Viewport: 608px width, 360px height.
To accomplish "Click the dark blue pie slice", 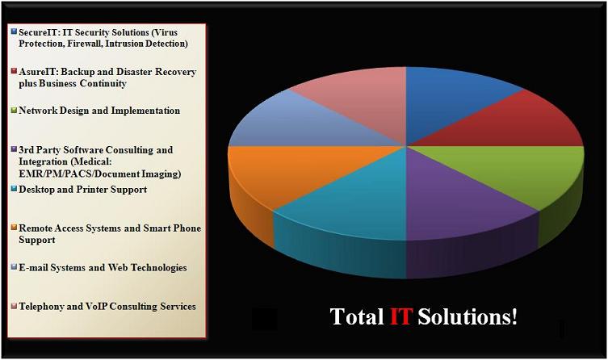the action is point(450,101).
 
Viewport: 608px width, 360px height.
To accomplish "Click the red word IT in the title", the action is point(400,316).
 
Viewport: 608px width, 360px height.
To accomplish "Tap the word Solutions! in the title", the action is point(468,316).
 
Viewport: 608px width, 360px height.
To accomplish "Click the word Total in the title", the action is point(357,316).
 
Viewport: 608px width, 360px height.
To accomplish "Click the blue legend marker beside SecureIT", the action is point(15,31).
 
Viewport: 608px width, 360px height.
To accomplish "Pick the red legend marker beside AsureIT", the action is point(15,70).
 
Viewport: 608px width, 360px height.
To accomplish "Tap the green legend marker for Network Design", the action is point(15,110).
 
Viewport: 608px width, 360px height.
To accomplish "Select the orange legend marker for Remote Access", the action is point(15,227).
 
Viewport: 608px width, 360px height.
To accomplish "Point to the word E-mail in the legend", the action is point(33,267).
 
